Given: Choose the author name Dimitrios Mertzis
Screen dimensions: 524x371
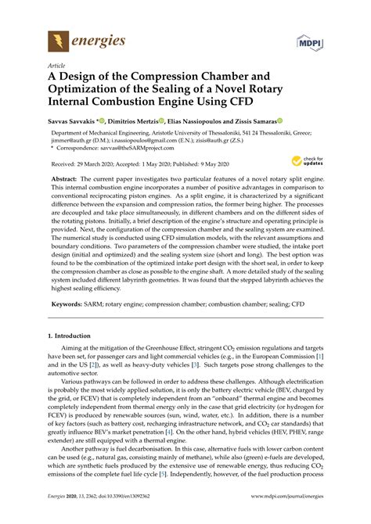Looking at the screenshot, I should (x=124, y=122).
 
